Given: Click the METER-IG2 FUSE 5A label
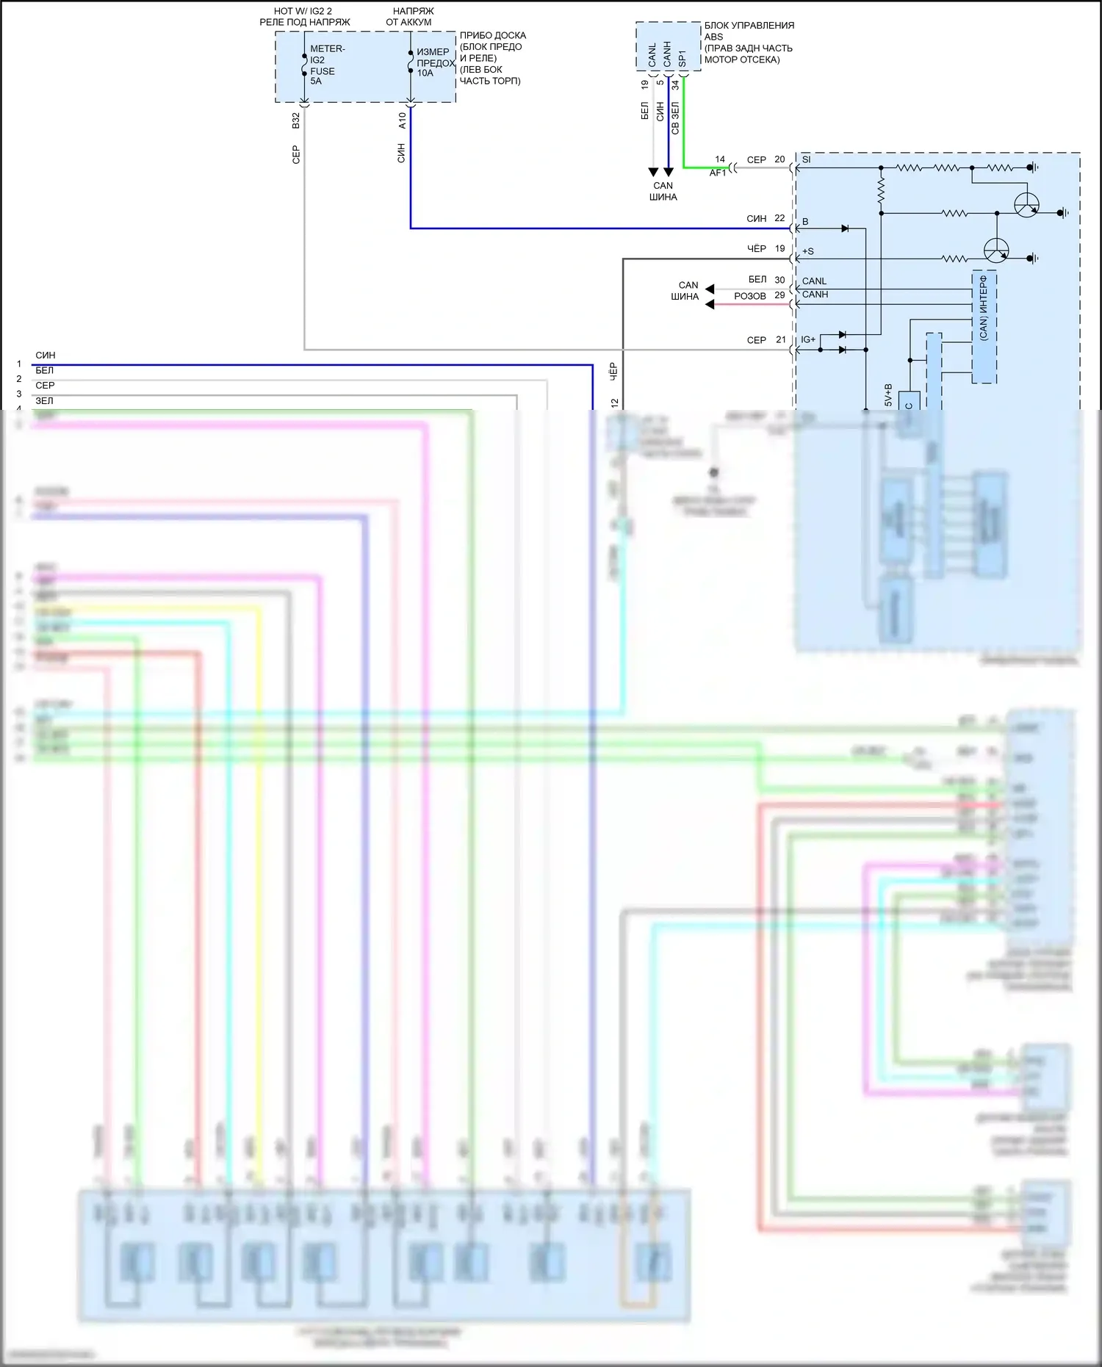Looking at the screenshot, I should [323, 65].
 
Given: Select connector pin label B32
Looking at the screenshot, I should [296, 120].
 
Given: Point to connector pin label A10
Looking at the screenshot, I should [402, 120].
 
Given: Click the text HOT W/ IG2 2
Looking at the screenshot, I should [303, 11].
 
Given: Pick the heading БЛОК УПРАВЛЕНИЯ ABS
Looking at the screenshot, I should [749, 31].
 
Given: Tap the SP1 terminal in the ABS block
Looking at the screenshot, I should [682, 58].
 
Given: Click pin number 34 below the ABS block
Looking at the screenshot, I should [675, 85].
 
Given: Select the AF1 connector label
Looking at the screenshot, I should [718, 173].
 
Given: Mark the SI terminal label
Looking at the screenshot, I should [806, 159].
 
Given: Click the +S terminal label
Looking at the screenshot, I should [807, 251].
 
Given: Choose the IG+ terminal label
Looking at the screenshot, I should [808, 339].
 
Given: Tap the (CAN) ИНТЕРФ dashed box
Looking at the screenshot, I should [984, 327].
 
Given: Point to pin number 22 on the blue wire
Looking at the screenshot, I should [779, 218].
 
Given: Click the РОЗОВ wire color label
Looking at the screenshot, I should [749, 296].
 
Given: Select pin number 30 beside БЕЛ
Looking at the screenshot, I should [779, 280].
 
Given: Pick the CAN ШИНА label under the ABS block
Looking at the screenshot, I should [663, 191].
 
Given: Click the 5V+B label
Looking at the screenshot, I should [888, 394].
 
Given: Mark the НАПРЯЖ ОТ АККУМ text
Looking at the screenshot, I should [411, 16].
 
